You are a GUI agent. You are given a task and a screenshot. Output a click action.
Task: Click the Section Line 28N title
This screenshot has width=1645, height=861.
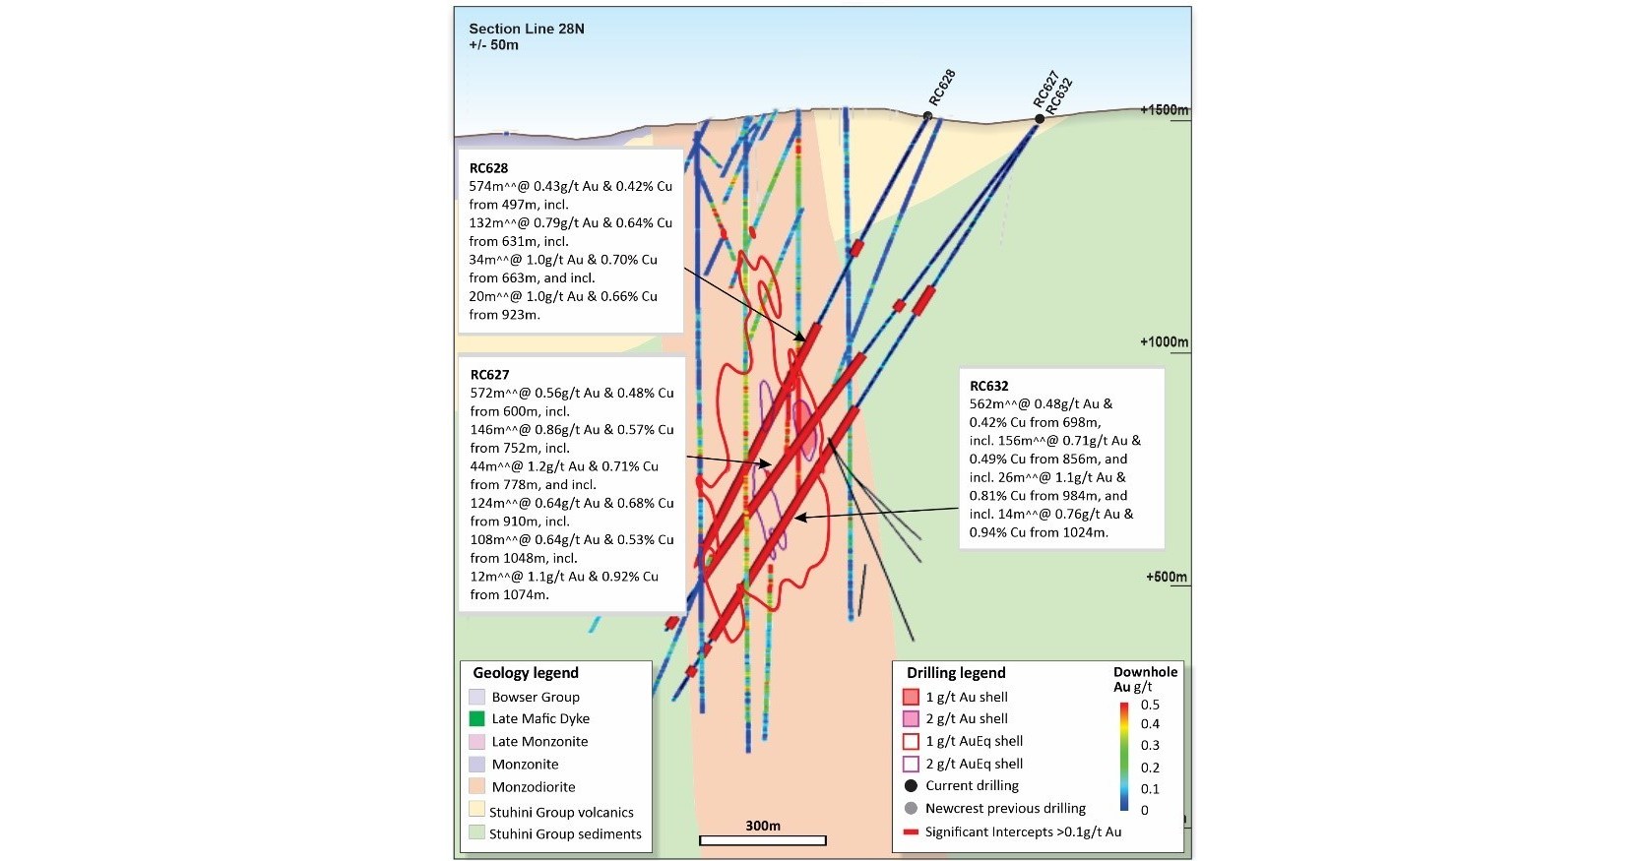[526, 29]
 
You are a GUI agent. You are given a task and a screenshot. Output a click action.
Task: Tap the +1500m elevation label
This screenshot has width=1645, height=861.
[1165, 109]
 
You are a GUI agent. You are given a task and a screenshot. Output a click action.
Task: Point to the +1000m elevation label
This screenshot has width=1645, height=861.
[1165, 341]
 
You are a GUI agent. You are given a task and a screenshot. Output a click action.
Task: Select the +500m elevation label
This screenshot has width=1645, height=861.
[1167, 577]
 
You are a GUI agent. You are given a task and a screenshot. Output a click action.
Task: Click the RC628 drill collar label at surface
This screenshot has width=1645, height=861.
[942, 89]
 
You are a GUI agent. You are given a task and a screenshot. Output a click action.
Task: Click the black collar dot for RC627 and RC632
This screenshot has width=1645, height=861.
[1040, 119]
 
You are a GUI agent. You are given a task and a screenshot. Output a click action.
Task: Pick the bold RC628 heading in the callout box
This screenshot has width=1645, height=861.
[488, 168]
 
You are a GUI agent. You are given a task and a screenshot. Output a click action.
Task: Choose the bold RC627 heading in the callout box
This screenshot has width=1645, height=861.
[489, 375]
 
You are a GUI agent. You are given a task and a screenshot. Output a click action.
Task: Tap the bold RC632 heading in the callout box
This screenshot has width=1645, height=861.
[988, 386]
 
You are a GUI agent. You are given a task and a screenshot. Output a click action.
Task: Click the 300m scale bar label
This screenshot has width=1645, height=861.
[762, 826]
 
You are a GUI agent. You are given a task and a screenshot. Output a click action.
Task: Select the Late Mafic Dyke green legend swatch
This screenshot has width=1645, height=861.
[477, 719]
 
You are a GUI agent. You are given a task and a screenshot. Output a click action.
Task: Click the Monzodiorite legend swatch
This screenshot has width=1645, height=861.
[477, 787]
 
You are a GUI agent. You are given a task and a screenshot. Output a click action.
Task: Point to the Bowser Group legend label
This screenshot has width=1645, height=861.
[536, 697]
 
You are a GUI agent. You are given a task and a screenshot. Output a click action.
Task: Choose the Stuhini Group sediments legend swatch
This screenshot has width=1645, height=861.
[477, 833]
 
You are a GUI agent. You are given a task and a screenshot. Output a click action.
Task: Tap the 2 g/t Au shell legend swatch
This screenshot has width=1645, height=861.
[911, 719]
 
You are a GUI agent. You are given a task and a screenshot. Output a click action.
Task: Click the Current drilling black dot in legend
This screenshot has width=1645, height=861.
[911, 785]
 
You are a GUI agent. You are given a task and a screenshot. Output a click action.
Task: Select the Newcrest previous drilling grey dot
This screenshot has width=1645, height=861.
[911, 808]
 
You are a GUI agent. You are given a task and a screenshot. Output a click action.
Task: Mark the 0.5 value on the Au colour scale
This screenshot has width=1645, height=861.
[1149, 705]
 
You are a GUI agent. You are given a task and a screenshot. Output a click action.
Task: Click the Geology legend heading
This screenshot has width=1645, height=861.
[526, 673]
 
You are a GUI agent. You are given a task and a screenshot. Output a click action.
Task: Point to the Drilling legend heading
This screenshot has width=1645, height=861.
[956, 673]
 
